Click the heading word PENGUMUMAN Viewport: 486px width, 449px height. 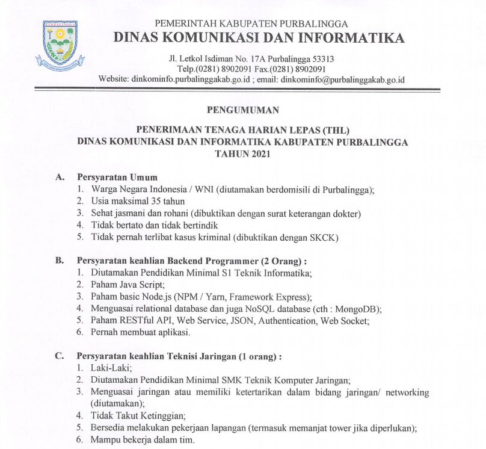tap(242, 110)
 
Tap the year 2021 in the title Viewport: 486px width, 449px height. tap(259, 154)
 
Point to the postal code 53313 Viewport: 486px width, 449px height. tap(321, 59)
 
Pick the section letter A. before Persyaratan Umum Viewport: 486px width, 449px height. tap(59, 177)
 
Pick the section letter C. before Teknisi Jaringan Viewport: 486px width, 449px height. tap(59, 356)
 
